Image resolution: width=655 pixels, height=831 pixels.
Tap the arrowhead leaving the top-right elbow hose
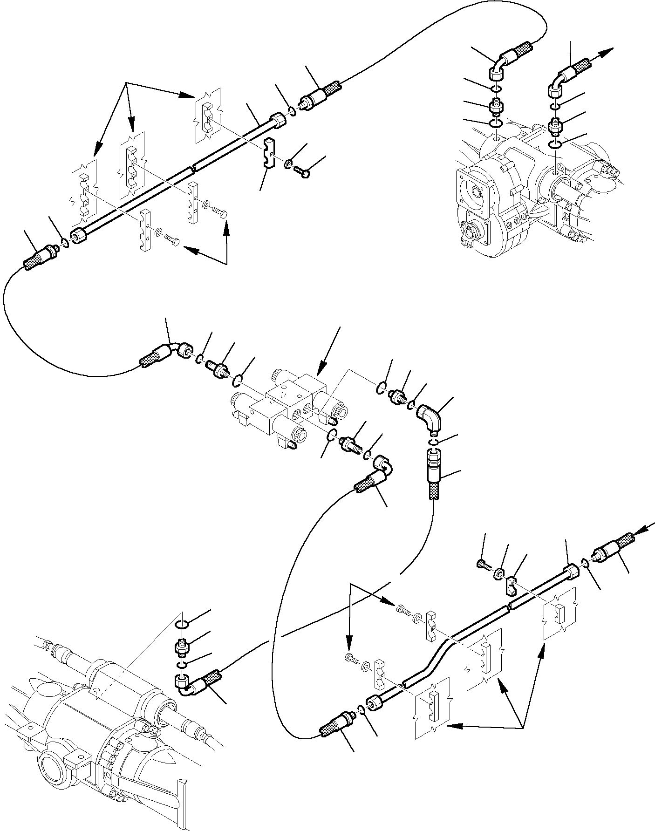(608, 52)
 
